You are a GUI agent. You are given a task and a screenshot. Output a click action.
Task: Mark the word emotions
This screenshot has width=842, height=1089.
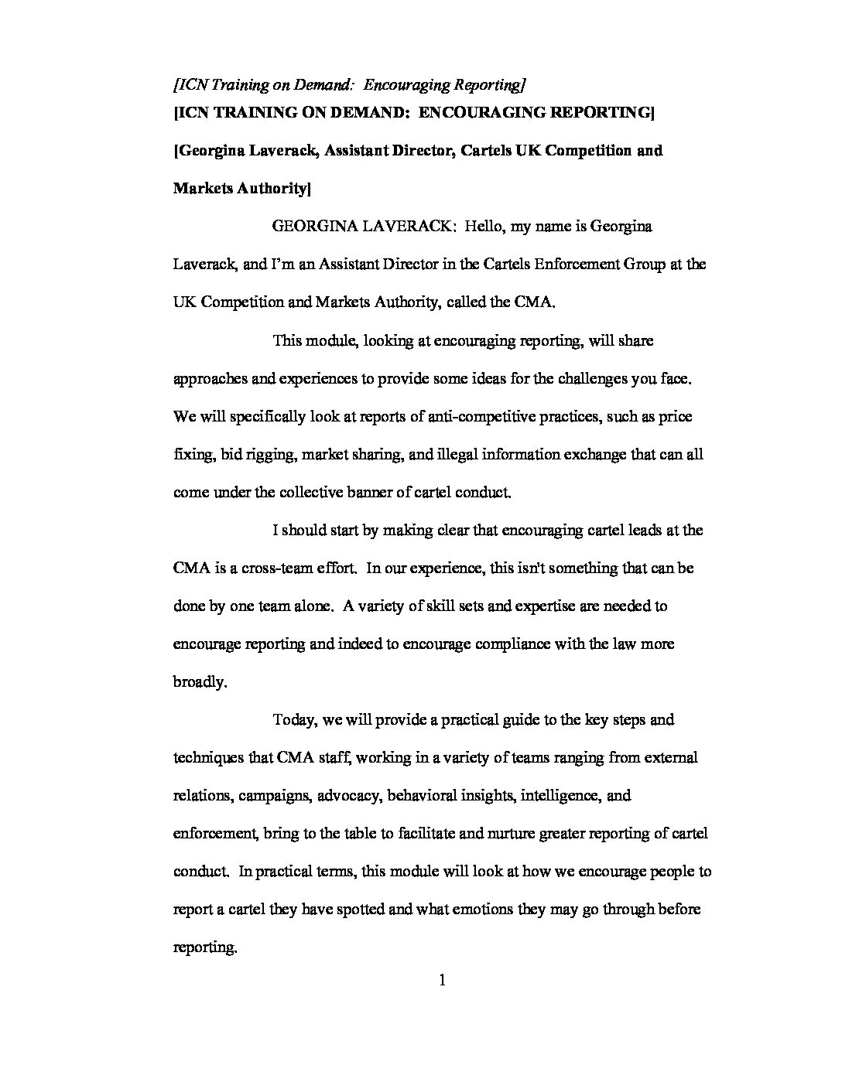point(477,909)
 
